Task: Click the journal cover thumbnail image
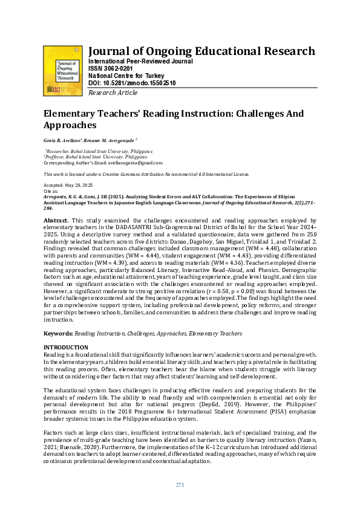(x=64, y=70)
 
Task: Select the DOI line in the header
(x=132, y=83)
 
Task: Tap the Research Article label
(x=113, y=92)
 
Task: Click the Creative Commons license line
(x=146, y=174)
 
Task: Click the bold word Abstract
(x=56, y=221)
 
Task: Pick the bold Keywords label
(x=58, y=333)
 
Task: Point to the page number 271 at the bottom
(x=180, y=485)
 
